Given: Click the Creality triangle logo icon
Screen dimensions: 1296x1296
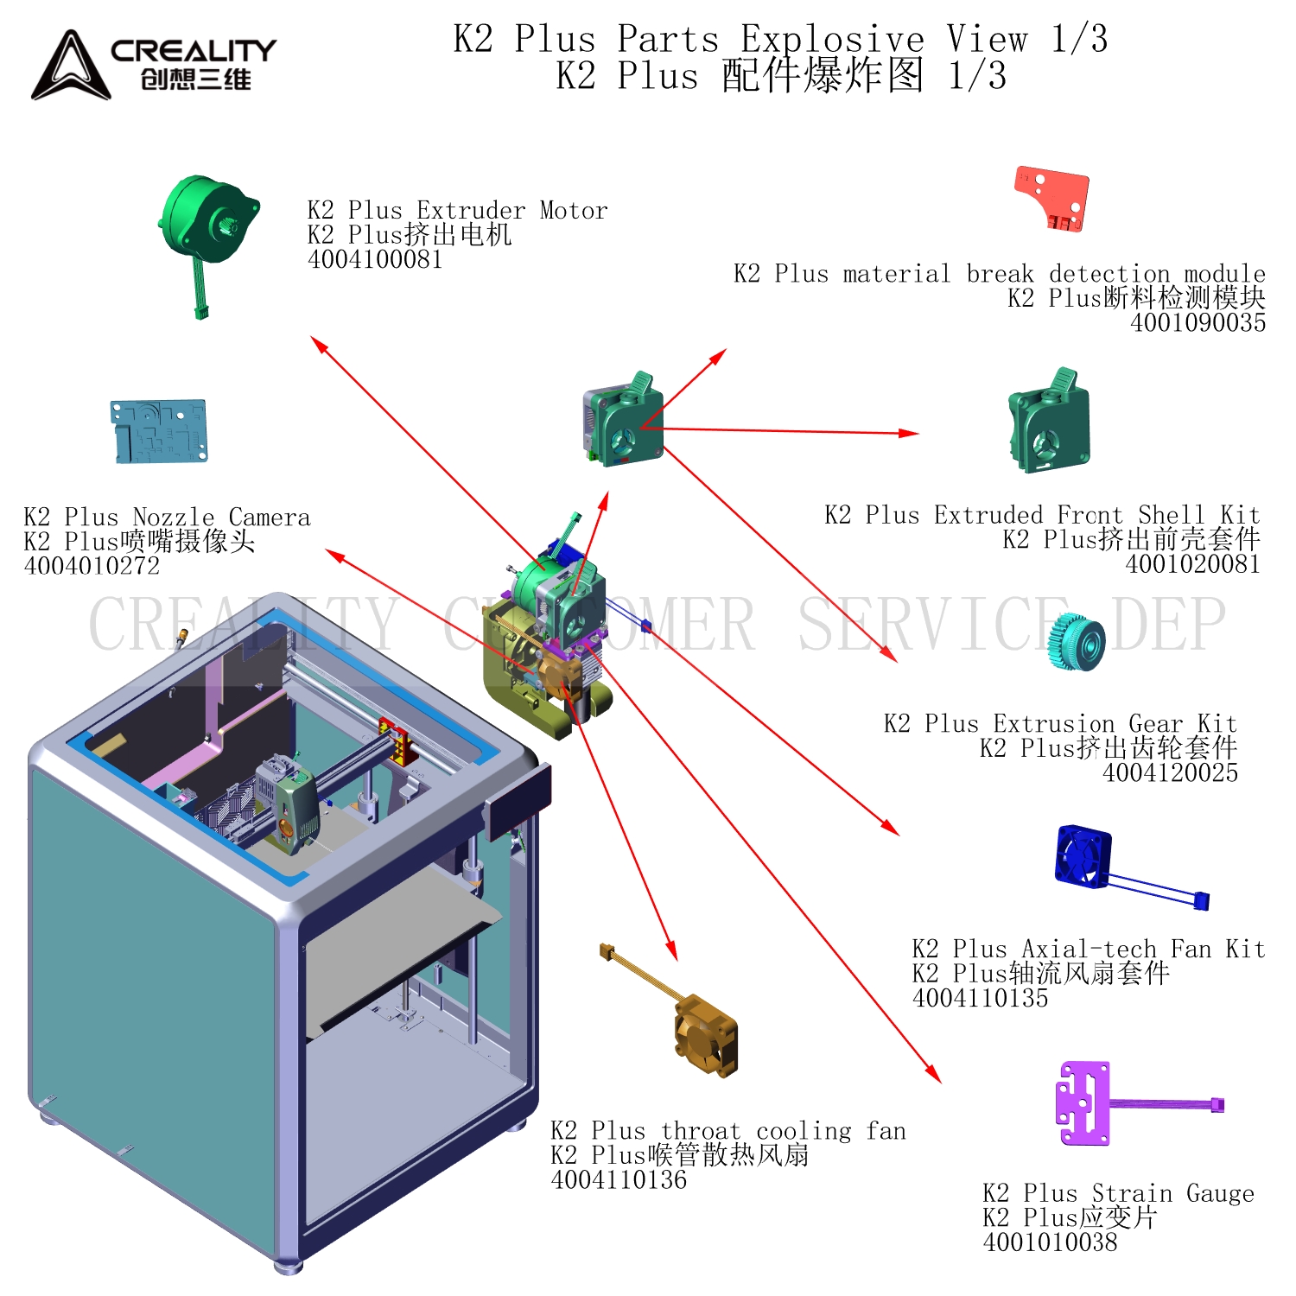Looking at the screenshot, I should point(71,67).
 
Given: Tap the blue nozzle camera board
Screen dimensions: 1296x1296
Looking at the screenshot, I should point(159,430).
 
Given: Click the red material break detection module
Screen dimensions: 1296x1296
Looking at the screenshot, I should point(1053,198).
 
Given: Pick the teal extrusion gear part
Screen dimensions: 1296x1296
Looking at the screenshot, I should point(1077,642).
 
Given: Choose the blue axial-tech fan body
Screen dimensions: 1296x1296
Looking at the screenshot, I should point(1083,856).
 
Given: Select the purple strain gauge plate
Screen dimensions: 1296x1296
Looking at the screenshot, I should point(1083,1103).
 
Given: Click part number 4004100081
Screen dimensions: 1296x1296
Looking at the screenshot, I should point(375,259).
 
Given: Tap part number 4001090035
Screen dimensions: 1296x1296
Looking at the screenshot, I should point(1198,322).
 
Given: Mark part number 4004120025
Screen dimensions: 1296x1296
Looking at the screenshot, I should point(1170,772).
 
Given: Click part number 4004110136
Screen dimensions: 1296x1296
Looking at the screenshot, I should point(619,1179).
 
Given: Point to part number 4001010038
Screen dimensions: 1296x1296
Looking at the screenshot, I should point(1050,1242).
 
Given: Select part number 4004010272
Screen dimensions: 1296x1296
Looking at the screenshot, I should point(92,566).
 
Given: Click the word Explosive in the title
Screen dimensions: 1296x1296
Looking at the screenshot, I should point(832,39).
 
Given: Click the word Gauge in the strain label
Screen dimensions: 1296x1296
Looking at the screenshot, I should point(1219,1193).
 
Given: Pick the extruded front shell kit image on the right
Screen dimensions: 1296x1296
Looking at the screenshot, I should point(1049,423).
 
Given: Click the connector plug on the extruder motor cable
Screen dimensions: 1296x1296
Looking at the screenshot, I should point(201,312).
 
